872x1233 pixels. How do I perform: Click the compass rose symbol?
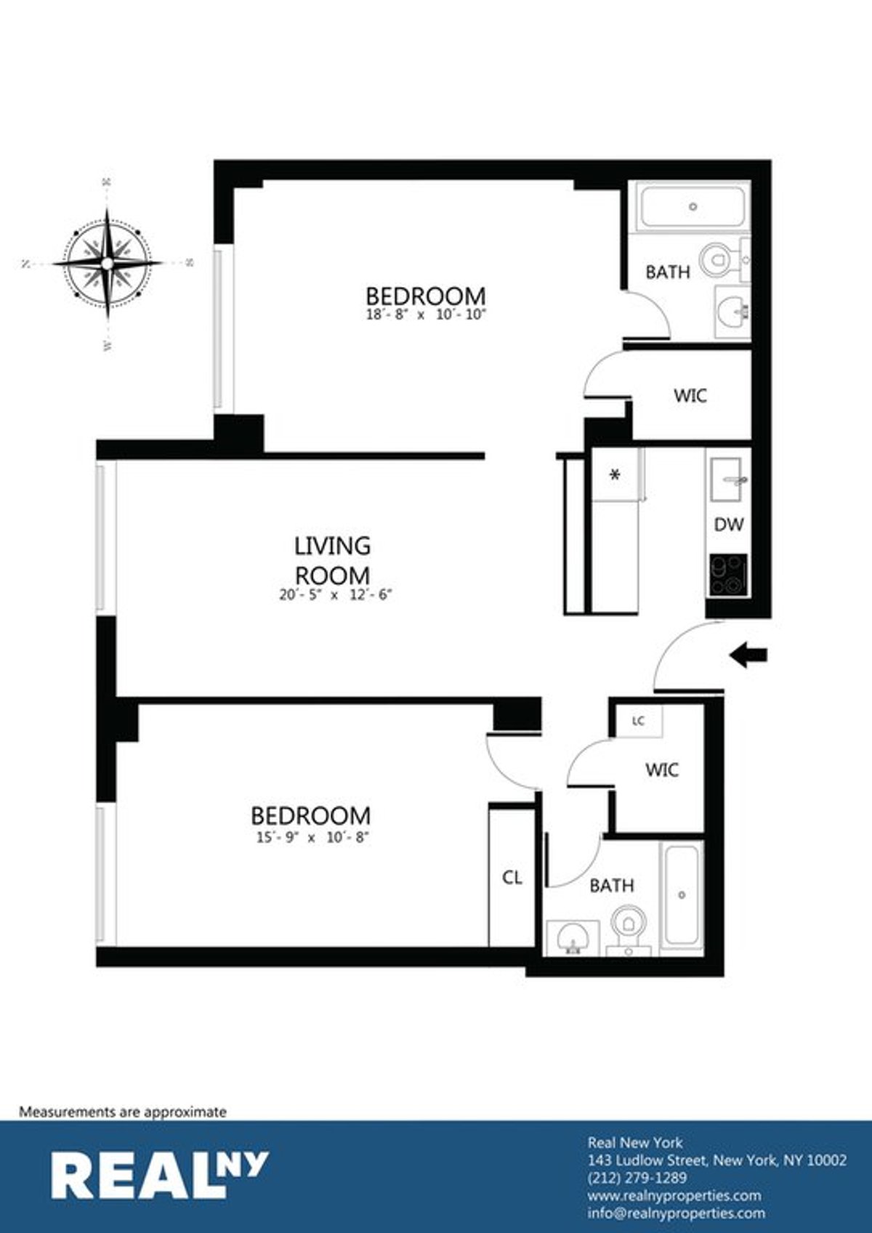(108, 263)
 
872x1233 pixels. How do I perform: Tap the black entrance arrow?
(748, 656)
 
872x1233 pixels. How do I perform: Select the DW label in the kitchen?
(728, 524)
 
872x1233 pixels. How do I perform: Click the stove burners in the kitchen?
(728, 575)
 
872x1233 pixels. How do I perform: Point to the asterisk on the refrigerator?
(615, 476)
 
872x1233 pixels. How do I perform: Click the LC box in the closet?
(639, 721)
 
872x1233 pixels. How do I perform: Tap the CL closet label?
(512, 878)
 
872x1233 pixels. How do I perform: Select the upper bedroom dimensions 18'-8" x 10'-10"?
(425, 315)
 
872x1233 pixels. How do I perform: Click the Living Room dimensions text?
(335, 594)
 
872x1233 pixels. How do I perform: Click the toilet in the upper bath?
(718, 259)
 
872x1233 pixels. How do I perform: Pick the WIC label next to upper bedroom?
(690, 396)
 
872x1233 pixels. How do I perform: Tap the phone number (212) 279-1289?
(637, 1178)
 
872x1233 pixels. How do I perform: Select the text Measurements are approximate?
(123, 1112)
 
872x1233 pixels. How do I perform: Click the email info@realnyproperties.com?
(676, 1213)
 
